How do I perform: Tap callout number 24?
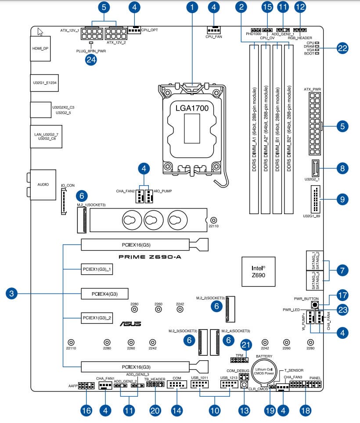tap(91, 61)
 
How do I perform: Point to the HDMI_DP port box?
tap(40, 48)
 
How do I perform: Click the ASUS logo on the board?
tap(131, 324)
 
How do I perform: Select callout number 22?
tap(342, 48)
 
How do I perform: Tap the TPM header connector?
tap(239, 360)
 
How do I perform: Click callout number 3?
tap(12, 293)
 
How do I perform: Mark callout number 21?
tap(247, 345)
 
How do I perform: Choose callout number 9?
tap(342, 199)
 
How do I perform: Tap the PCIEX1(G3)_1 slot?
tap(97, 269)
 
